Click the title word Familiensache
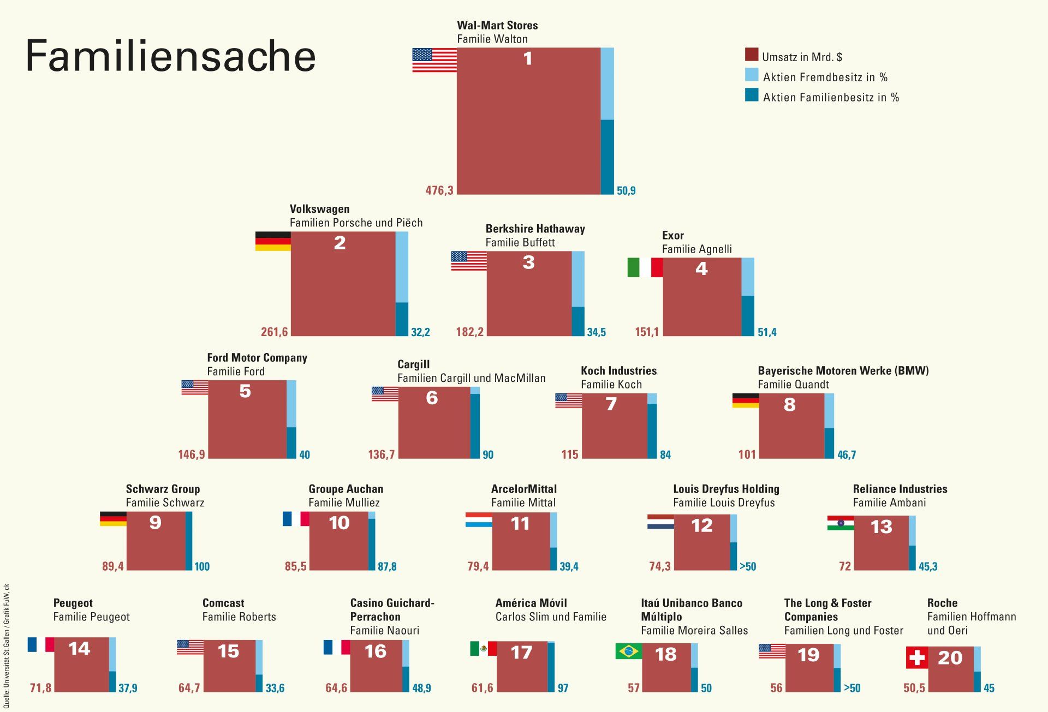(x=170, y=56)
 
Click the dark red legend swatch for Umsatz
(x=751, y=55)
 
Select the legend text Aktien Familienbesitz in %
(x=830, y=98)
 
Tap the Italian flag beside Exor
(x=645, y=267)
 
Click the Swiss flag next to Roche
(x=917, y=657)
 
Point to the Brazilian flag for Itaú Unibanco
(x=628, y=651)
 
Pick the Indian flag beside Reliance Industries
(x=841, y=523)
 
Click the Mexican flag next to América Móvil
(x=483, y=648)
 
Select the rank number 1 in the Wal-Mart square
(x=527, y=58)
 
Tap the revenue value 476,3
(x=439, y=190)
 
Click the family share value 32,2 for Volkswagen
(x=420, y=332)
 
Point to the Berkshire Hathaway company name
(x=535, y=229)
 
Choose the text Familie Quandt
(x=793, y=385)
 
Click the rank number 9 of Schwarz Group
(x=156, y=523)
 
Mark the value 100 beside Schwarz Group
(x=202, y=566)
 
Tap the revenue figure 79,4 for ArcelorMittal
(x=478, y=566)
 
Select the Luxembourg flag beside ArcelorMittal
(x=479, y=519)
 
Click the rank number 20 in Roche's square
(x=950, y=658)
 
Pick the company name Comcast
(x=223, y=603)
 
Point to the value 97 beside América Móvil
(x=563, y=688)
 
